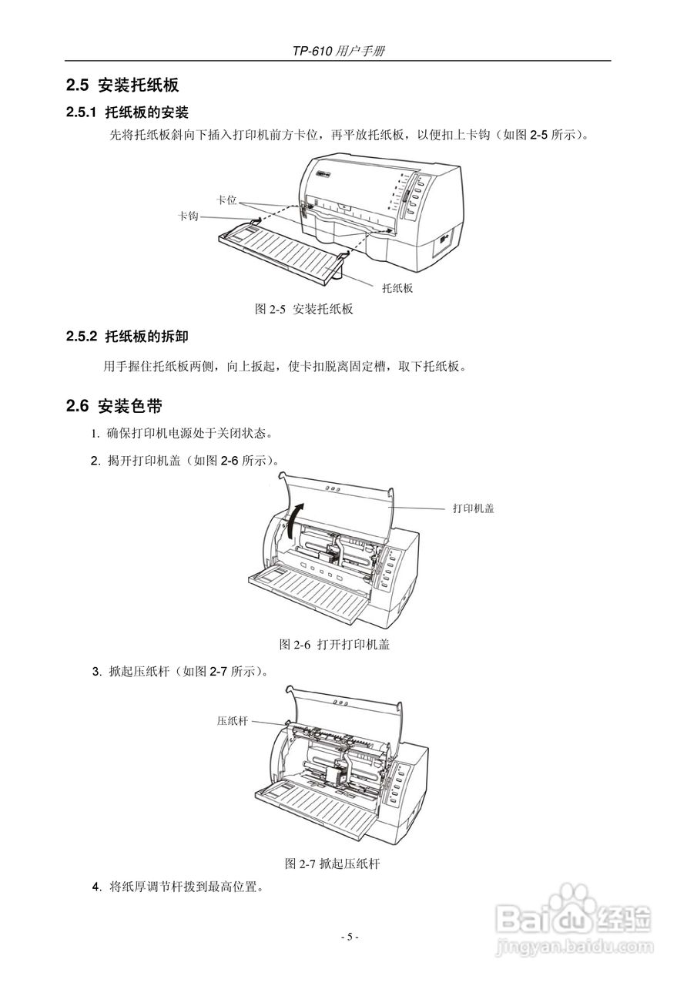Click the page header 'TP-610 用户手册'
coord(338,51)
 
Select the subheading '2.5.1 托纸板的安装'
coord(127,112)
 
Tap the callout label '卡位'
coord(226,200)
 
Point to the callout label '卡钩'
coord(188,216)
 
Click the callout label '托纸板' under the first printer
coord(397,287)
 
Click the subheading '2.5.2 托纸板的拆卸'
coord(127,337)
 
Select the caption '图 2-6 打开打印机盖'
coord(333,644)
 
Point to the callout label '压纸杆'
coord(232,721)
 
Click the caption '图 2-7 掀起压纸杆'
coord(332,864)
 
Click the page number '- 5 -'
coord(350,937)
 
